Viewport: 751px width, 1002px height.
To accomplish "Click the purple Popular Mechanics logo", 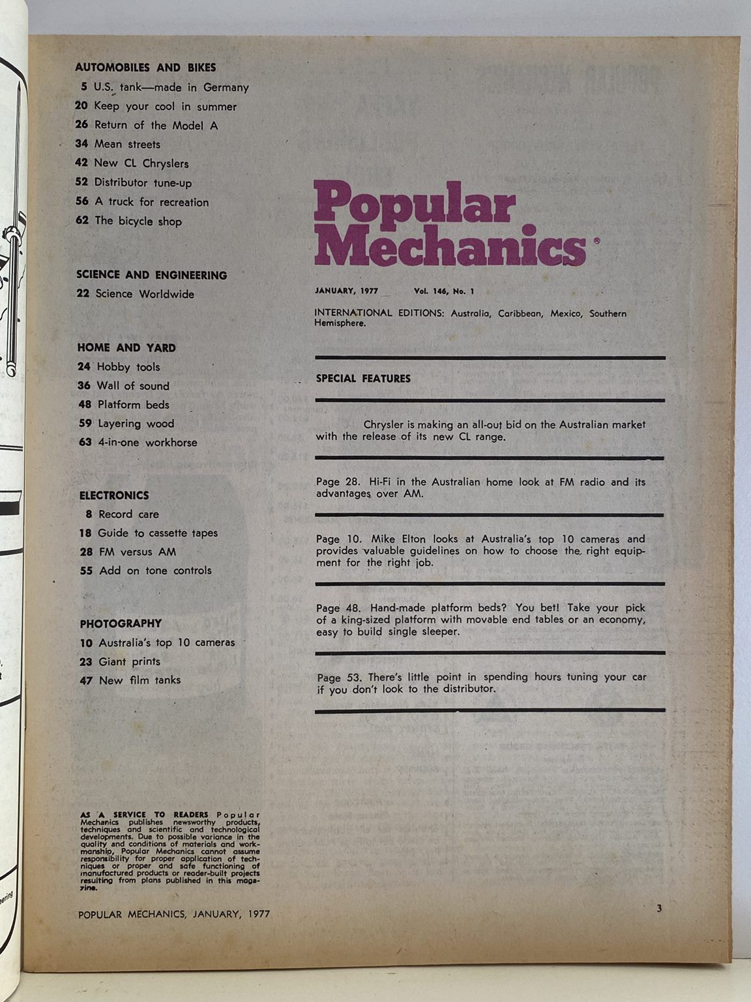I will (450, 224).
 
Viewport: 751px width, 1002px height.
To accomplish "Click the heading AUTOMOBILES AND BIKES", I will (145, 67).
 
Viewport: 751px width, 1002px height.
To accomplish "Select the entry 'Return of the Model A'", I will (156, 125).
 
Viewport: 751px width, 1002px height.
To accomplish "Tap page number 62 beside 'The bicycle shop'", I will (81, 220).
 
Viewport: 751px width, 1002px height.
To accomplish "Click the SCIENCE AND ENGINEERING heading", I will (151, 275).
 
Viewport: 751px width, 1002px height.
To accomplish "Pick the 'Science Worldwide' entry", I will (145, 294).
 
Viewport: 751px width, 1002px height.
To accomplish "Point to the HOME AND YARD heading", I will (126, 348).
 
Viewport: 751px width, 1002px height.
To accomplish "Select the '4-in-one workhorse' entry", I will (147, 442).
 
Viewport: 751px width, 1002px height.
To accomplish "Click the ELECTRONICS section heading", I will (114, 495).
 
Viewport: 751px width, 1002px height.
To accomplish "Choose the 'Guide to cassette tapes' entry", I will (158, 533).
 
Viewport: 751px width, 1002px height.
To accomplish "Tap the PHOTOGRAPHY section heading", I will (121, 624).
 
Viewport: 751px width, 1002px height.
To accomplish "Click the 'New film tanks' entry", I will (140, 680).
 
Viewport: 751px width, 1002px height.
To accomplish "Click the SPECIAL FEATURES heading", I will (363, 378).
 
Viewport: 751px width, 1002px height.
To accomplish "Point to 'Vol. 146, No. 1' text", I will (443, 291).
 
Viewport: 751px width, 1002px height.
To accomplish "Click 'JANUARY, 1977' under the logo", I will (346, 291).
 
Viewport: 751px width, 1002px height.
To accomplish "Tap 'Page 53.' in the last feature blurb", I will (338, 677).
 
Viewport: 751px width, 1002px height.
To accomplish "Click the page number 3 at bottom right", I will (659, 908).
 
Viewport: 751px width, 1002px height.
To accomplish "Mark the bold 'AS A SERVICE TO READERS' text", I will (144, 815).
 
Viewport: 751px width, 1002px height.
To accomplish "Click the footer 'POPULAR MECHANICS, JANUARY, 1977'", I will (173, 915).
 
